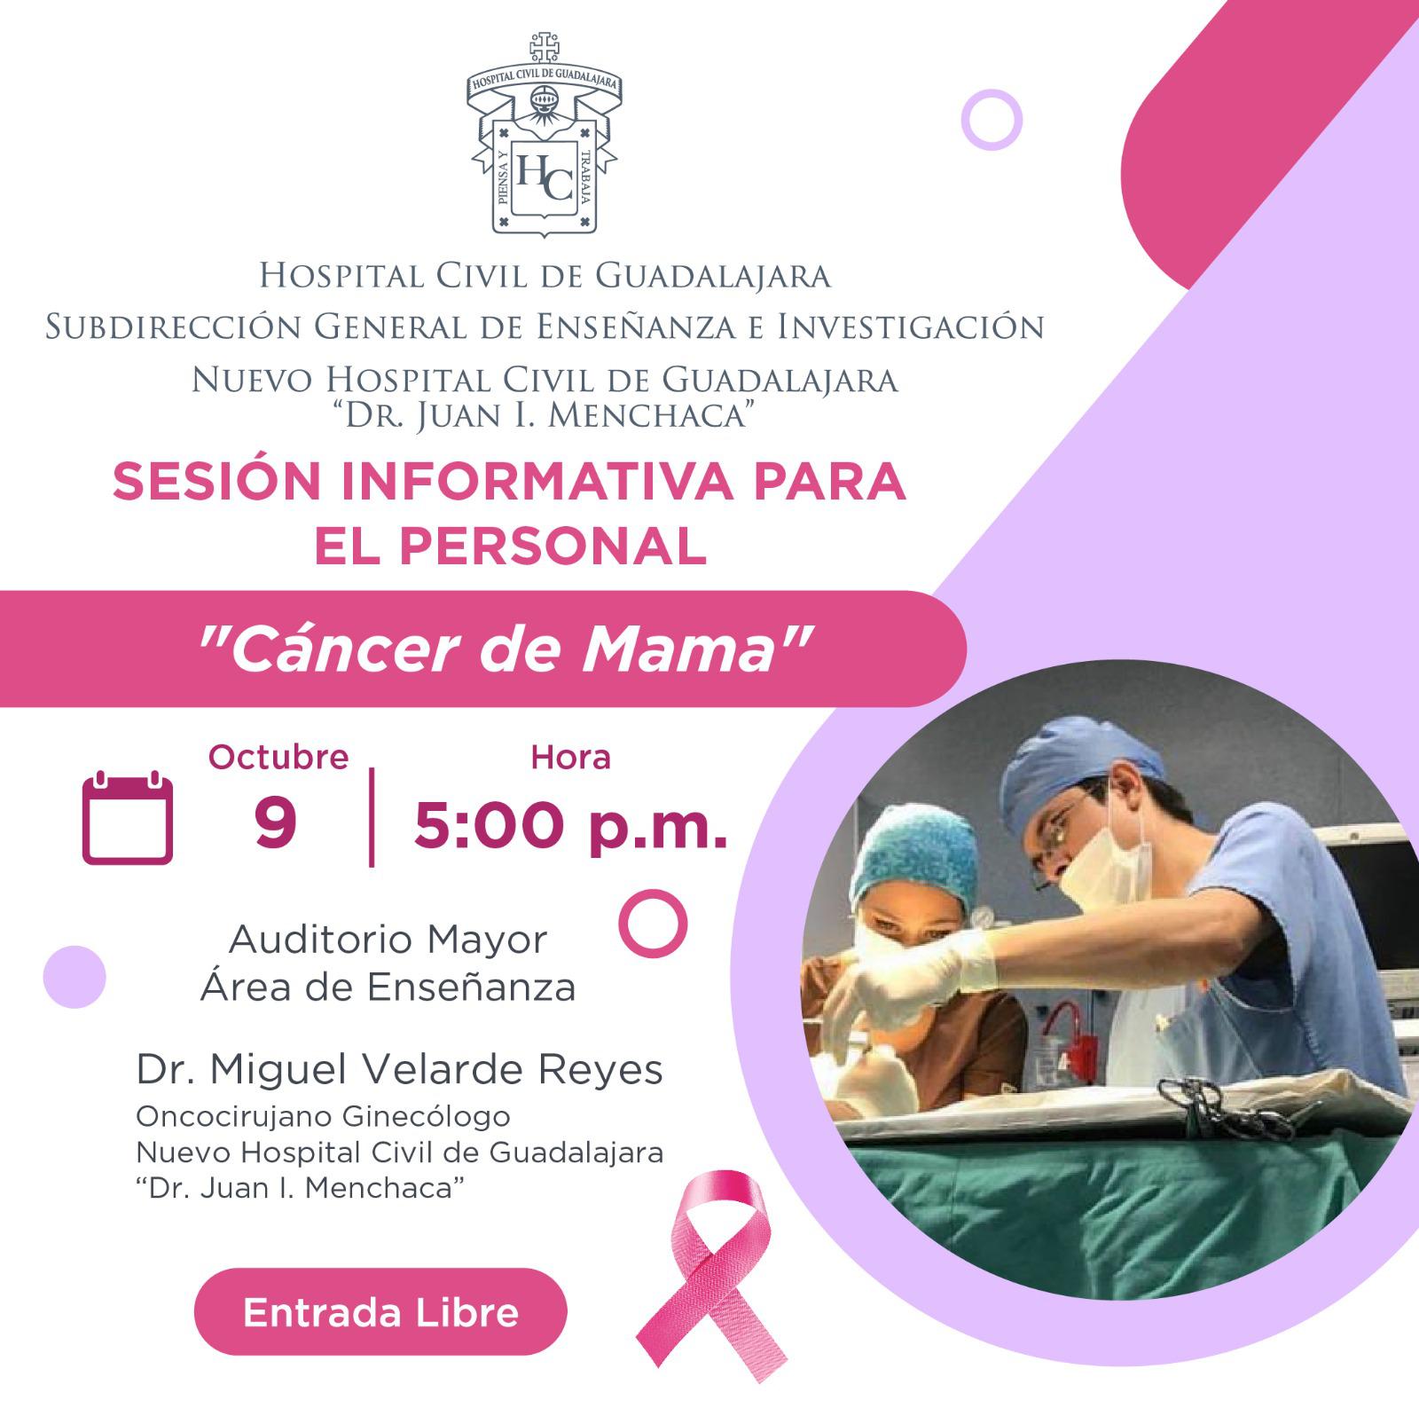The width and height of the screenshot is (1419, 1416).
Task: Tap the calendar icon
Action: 128,817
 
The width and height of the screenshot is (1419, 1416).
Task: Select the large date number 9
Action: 275,823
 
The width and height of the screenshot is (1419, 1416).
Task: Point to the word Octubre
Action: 278,757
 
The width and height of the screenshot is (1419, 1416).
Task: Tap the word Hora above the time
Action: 570,757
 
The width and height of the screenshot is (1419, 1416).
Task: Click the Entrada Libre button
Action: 380,1312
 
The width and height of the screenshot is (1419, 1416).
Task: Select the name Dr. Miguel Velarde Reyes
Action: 399,1069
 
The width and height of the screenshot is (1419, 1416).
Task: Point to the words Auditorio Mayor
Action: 388,940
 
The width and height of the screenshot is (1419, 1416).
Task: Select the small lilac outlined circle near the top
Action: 992,118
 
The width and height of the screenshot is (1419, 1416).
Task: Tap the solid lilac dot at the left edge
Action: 74,977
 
